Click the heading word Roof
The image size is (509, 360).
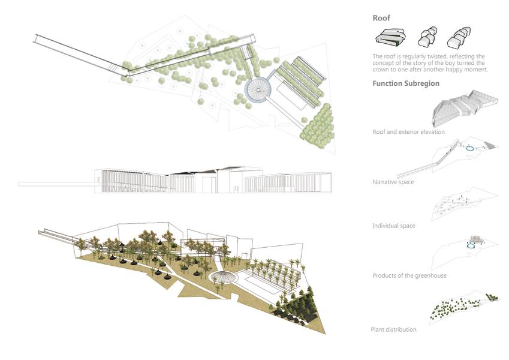tap(381, 19)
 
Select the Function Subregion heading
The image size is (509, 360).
tap(406, 83)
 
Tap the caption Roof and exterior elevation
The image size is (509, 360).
tap(408, 131)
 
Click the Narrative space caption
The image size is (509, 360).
tap(393, 181)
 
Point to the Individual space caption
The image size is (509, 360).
tap(394, 226)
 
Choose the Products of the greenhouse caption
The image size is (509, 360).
tap(409, 275)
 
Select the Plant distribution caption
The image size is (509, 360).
tap(393, 329)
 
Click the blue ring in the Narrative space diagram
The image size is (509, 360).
tap(470, 148)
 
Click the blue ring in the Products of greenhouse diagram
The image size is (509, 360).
tap(470, 244)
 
